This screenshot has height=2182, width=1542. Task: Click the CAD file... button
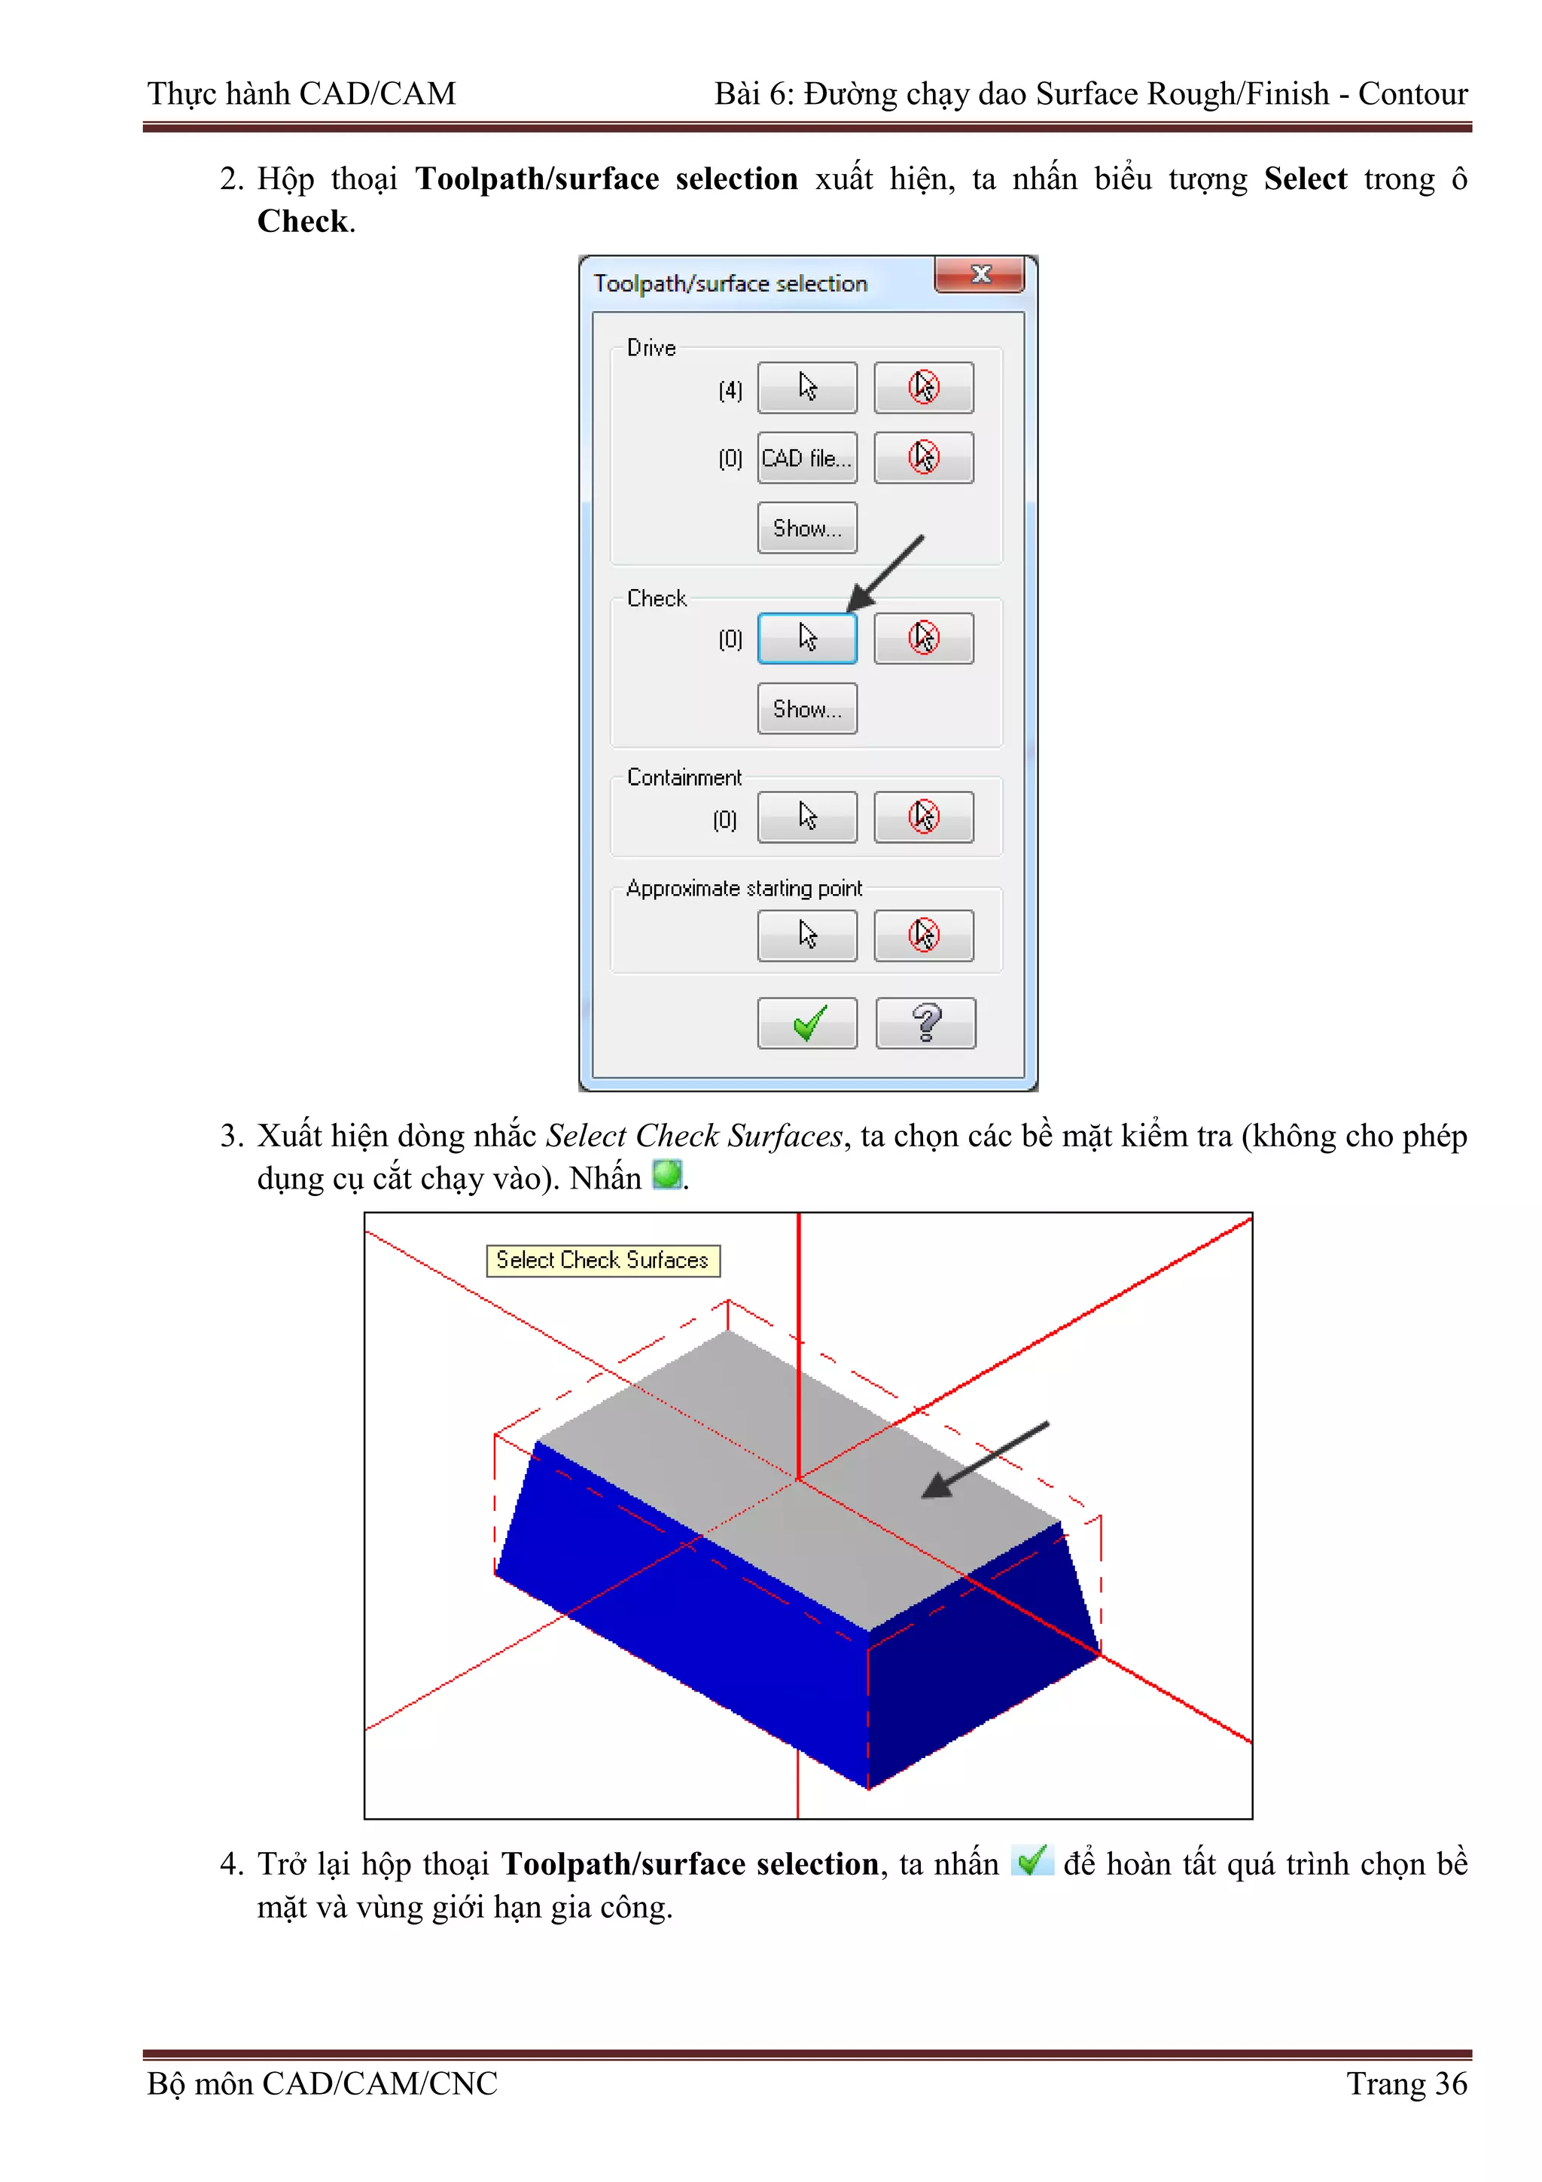click(806, 458)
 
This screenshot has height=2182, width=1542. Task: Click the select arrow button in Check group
click(806, 638)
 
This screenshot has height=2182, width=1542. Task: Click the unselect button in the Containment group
click(924, 817)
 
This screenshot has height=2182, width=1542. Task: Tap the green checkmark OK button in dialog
click(806, 1024)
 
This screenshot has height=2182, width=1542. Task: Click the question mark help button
click(925, 1024)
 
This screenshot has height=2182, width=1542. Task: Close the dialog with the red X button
click(980, 275)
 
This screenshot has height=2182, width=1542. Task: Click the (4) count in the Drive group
click(730, 391)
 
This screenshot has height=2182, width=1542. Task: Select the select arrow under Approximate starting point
click(806, 935)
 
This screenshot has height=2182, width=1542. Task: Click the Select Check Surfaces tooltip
click(602, 1260)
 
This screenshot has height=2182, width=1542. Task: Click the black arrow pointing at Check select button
click(885, 574)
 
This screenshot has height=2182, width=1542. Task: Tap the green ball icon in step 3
click(667, 1175)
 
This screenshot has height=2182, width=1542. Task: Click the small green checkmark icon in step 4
click(1032, 1860)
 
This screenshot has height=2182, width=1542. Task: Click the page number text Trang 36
click(1406, 2083)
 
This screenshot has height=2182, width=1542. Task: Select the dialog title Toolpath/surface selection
click(730, 283)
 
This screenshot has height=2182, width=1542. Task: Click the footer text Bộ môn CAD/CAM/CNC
click(322, 2083)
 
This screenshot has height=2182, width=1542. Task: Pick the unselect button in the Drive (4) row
click(924, 388)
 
